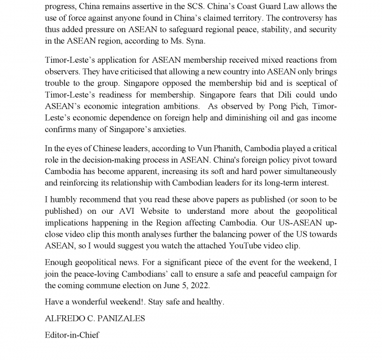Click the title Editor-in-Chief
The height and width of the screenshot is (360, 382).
tap(72, 335)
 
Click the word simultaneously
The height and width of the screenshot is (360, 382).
tap(303, 171)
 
